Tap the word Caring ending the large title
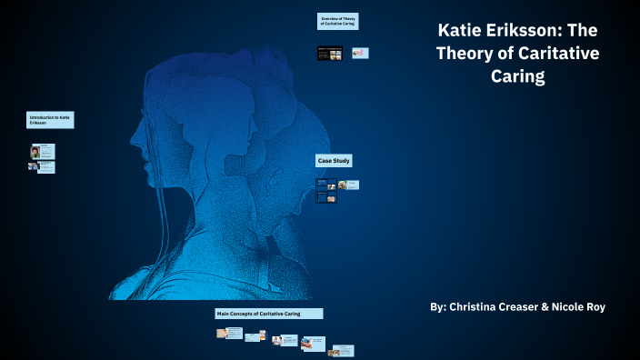515,76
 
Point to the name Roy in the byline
593,307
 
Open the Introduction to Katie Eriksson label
50,120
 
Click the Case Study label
334,161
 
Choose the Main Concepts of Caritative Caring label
269,314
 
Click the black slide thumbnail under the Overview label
329,54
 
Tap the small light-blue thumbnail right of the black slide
360,54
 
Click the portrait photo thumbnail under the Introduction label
35,151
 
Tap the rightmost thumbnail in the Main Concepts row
341,351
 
